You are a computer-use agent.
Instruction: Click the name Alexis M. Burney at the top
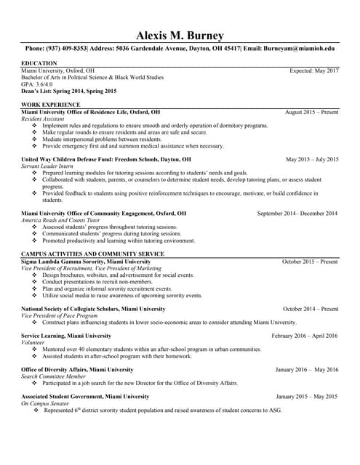coord(180,36)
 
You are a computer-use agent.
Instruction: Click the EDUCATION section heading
coord(39,64)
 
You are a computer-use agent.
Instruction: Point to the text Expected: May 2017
coord(314,70)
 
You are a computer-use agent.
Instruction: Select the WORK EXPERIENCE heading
coord(50,105)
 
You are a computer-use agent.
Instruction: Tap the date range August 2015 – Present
coord(311,113)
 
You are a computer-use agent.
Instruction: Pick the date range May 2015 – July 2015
coord(312,159)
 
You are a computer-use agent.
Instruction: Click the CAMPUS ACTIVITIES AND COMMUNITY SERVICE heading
coord(92,254)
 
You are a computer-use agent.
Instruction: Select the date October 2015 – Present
coord(310,261)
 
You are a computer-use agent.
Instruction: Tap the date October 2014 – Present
coord(311,309)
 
